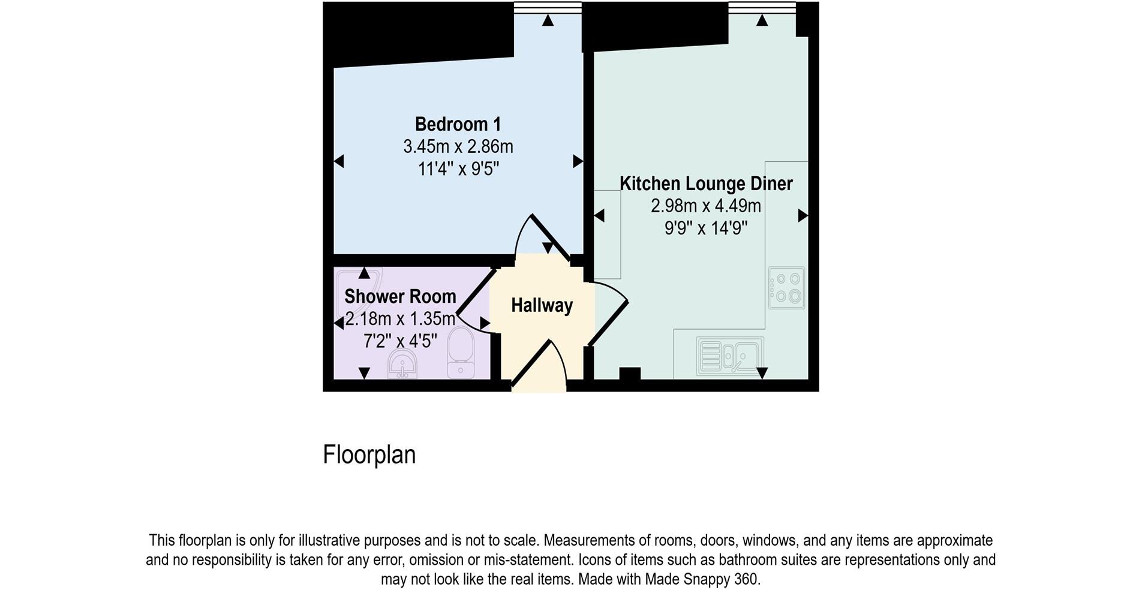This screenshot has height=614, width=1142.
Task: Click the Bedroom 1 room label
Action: (458, 124)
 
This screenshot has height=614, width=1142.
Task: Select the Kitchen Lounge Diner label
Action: (706, 183)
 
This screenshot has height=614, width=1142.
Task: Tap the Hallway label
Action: (542, 306)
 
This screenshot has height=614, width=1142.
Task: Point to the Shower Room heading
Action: (400, 296)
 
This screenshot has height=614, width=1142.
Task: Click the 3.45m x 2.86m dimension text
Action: (458, 146)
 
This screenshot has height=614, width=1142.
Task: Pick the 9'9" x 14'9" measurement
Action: (706, 228)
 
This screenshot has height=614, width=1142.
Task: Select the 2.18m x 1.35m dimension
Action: (400, 318)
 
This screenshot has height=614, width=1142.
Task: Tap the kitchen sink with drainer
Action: (730, 356)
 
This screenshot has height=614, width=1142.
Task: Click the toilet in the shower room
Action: (461, 353)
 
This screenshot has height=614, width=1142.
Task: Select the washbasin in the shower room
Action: (402, 364)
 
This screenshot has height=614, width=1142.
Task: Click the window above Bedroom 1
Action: (548, 8)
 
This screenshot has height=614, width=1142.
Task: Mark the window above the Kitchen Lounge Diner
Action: (762, 8)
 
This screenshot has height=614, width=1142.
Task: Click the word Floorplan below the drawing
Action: (369, 455)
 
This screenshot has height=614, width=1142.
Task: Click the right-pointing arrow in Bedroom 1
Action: (578, 161)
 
